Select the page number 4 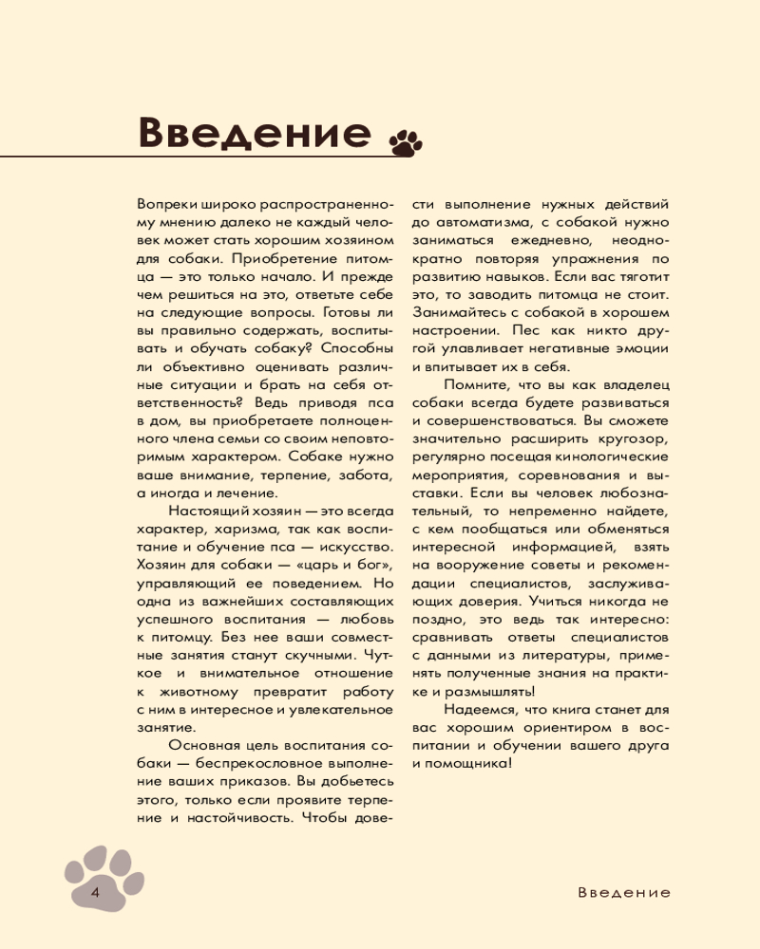[x=95, y=893]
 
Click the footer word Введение [x=623, y=893]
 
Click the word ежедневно [x=541, y=240]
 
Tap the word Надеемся [x=482, y=710]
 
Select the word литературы [x=565, y=656]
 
